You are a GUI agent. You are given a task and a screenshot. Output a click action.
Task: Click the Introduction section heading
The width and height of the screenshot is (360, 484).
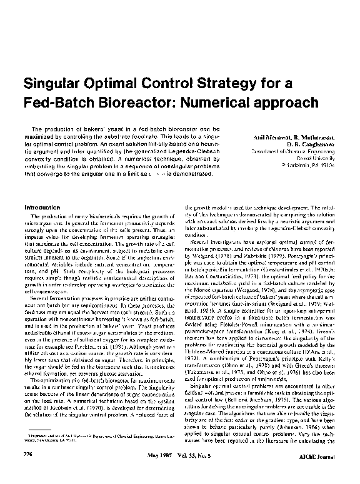tap(41, 206)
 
